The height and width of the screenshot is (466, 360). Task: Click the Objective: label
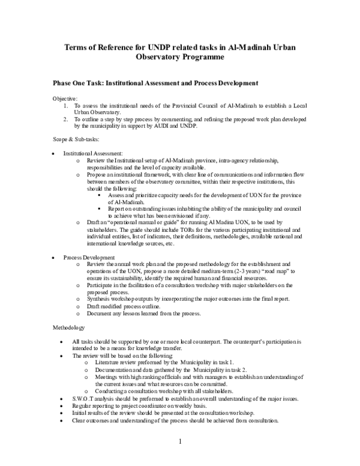pos(64,98)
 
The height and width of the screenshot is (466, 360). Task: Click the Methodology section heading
pos(70,327)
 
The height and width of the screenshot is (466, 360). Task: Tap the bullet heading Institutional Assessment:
pos(93,154)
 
